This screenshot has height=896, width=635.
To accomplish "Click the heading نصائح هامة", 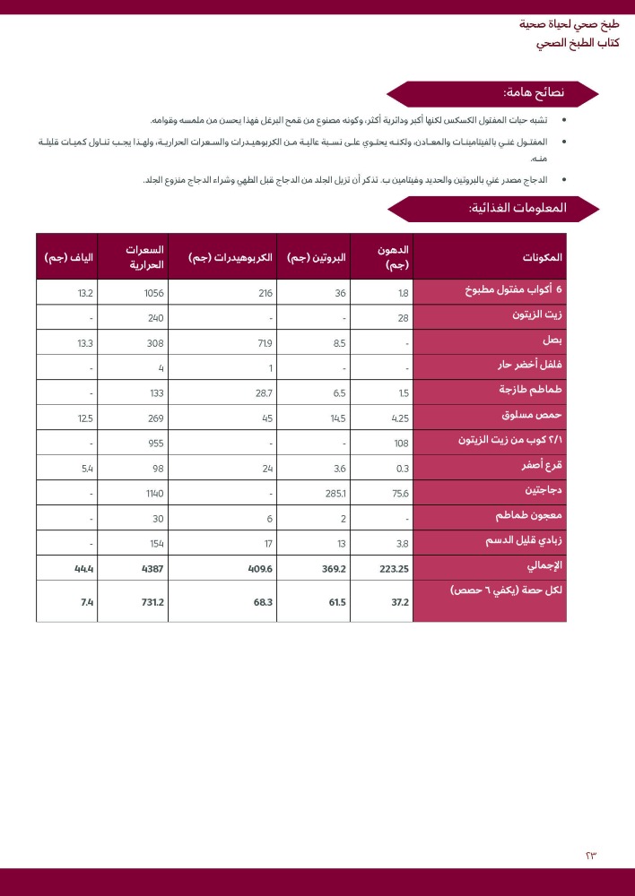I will (534, 93).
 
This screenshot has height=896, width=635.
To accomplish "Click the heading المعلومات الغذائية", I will (518, 208).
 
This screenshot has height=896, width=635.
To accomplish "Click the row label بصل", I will (553, 341).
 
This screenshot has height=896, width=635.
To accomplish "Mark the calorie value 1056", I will (153, 293).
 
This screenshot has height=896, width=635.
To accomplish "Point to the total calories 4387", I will (152, 568).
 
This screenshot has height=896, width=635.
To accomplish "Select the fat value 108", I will (401, 443).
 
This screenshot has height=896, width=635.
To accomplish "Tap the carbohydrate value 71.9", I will (264, 343).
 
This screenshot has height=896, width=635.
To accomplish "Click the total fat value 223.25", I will (393, 568).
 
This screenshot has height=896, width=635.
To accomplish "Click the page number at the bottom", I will (590, 855).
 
